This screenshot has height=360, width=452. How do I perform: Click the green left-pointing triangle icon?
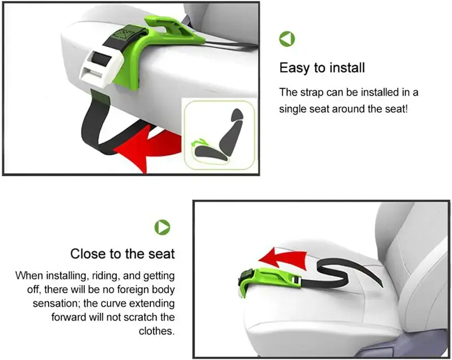tap(287, 39)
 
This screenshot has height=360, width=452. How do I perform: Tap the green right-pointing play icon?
tap(162, 227)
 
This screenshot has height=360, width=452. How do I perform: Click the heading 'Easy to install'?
tap(322, 68)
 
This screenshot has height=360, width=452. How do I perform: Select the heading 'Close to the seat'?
tap(123, 254)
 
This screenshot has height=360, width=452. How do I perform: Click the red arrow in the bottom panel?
tap(282, 258)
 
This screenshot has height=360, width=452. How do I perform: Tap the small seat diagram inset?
tap(220, 134)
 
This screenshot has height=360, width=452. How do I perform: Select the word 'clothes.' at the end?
tap(157, 331)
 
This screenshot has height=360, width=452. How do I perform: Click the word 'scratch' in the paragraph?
tap(141, 317)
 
